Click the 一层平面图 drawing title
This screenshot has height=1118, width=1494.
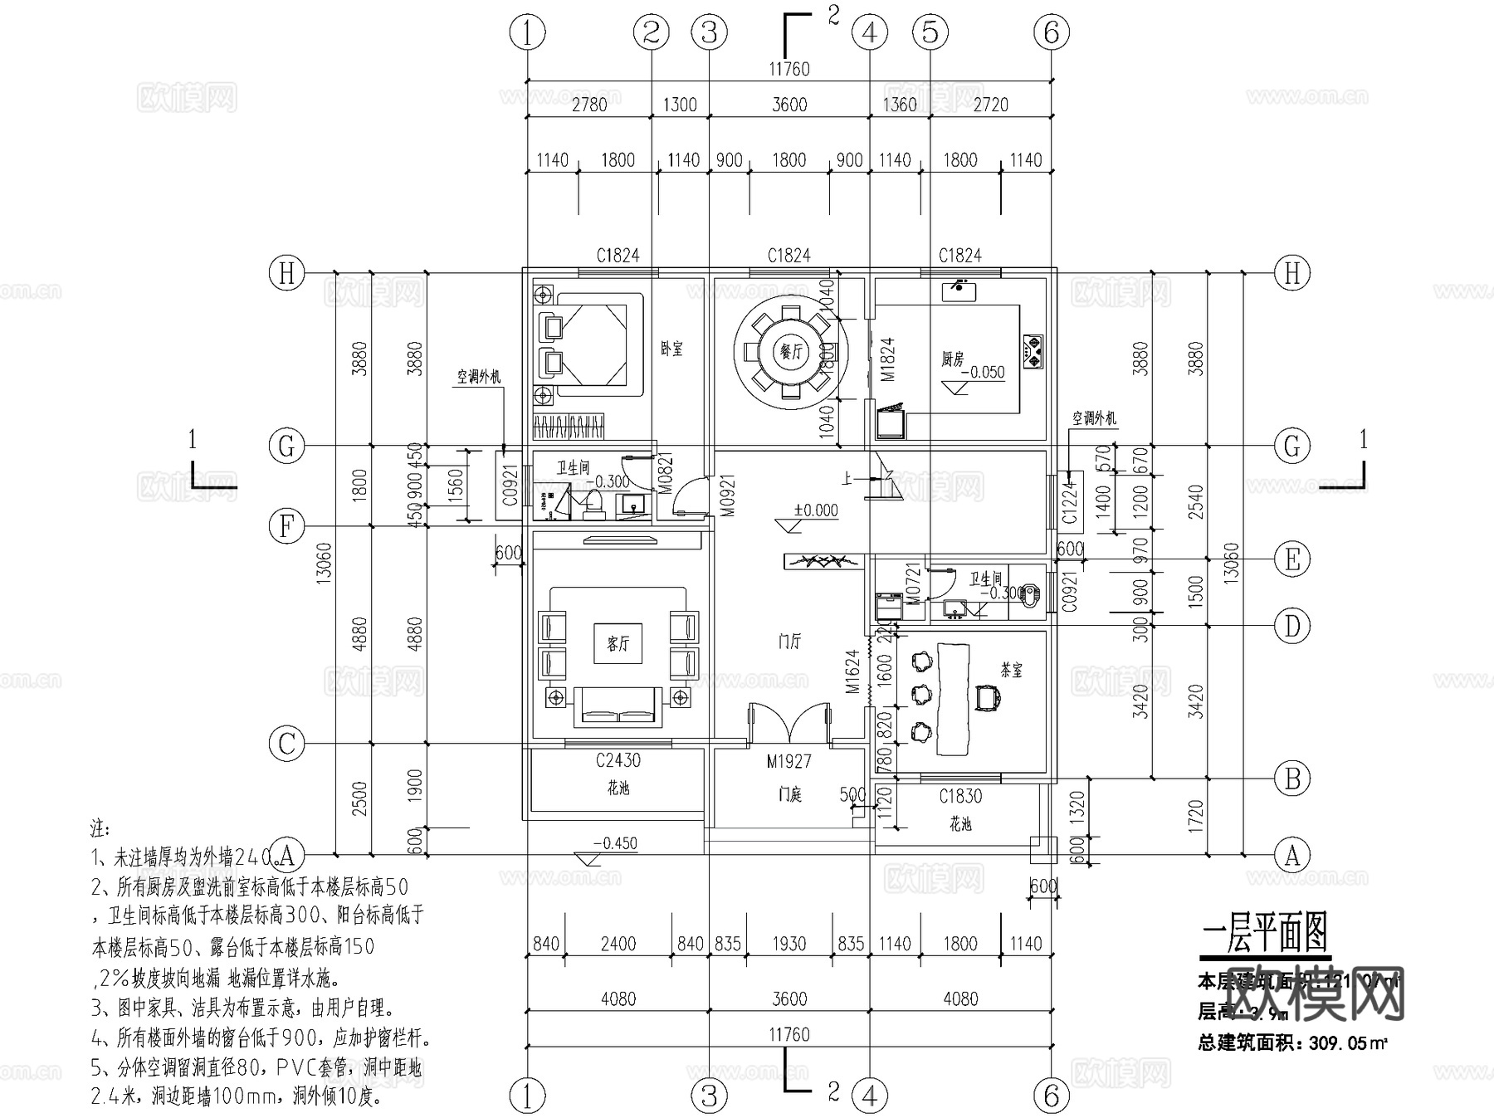point(1264,933)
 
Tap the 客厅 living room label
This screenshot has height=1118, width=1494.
point(618,643)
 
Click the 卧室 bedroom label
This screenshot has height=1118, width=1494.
point(671,349)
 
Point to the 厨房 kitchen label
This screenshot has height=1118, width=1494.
point(953,358)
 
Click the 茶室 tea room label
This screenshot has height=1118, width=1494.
point(1011,670)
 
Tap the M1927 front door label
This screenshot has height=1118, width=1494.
point(788,761)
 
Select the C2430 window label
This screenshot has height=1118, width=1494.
point(618,760)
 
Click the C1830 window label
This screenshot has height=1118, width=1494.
point(960,796)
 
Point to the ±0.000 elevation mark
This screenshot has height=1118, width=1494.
point(815,510)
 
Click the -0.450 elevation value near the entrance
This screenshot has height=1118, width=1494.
point(615,843)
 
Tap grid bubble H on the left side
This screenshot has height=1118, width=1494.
point(287,272)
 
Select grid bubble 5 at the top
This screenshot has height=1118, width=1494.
point(930,32)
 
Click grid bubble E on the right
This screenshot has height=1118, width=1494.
point(1291,559)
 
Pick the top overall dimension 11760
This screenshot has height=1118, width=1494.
point(788,69)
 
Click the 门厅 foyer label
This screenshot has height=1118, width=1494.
point(789,641)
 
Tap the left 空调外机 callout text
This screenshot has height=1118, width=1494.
point(479,377)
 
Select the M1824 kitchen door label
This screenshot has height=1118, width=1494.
point(887,359)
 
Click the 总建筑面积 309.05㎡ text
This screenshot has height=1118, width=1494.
point(1292,1043)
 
